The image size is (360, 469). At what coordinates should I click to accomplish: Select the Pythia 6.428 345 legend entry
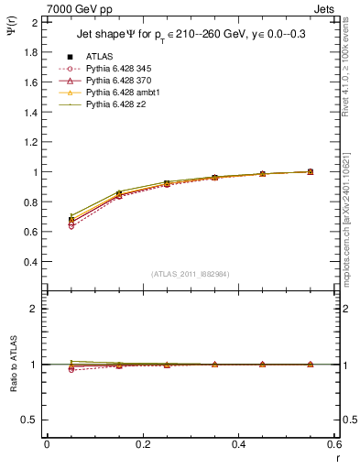[x=115, y=69]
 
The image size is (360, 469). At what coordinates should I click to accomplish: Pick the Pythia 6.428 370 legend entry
[x=115, y=81]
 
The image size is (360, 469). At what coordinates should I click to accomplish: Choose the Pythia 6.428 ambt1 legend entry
[x=118, y=93]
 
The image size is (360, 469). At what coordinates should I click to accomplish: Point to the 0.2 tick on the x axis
[x=142, y=444]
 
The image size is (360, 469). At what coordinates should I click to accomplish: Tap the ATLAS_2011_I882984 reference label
[x=191, y=274]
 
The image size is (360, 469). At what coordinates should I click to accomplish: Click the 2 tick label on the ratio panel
[x=36, y=309]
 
